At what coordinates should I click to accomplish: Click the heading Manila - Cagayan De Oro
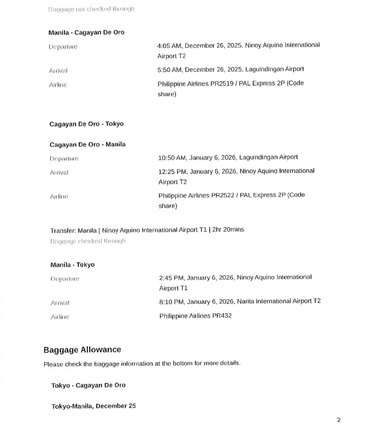pyautogui.click(x=86, y=32)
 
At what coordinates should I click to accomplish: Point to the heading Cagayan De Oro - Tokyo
pyautogui.click(x=86, y=124)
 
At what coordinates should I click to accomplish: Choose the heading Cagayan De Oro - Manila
pyautogui.click(x=87, y=145)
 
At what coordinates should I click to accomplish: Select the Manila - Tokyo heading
pyautogui.click(x=73, y=265)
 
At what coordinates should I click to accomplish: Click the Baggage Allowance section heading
pyautogui.click(x=82, y=350)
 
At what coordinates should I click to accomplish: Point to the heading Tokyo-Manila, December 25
pyautogui.click(x=93, y=406)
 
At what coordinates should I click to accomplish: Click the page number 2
pyautogui.click(x=339, y=420)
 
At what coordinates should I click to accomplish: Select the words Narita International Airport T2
pyautogui.click(x=279, y=301)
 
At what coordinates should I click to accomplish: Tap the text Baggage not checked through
pyautogui.click(x=91, y=9)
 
